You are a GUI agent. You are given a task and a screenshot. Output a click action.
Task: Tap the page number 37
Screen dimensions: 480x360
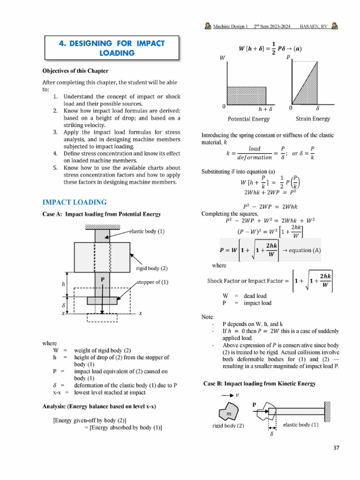coord(336,448)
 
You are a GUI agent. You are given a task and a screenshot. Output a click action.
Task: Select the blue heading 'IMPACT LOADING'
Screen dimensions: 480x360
coord(75,202)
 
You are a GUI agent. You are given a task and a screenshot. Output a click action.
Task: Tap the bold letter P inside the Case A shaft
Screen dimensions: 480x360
coord(102,279)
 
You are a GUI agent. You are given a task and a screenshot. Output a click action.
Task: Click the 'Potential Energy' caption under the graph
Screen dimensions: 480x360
coord(248,119)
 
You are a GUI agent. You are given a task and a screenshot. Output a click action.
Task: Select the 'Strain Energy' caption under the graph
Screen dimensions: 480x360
coord(312,119)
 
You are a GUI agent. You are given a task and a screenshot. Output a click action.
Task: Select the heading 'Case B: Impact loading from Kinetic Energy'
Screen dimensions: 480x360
coord(259,383)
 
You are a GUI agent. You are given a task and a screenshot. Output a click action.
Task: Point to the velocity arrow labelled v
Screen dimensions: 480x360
coord(227,395)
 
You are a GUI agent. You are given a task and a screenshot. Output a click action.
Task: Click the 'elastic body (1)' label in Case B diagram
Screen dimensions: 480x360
coord(300,425)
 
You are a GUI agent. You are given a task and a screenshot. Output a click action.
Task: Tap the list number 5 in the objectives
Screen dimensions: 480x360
coord(55,167)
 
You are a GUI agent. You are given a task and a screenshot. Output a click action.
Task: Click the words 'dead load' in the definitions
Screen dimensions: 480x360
coord(255,296)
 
